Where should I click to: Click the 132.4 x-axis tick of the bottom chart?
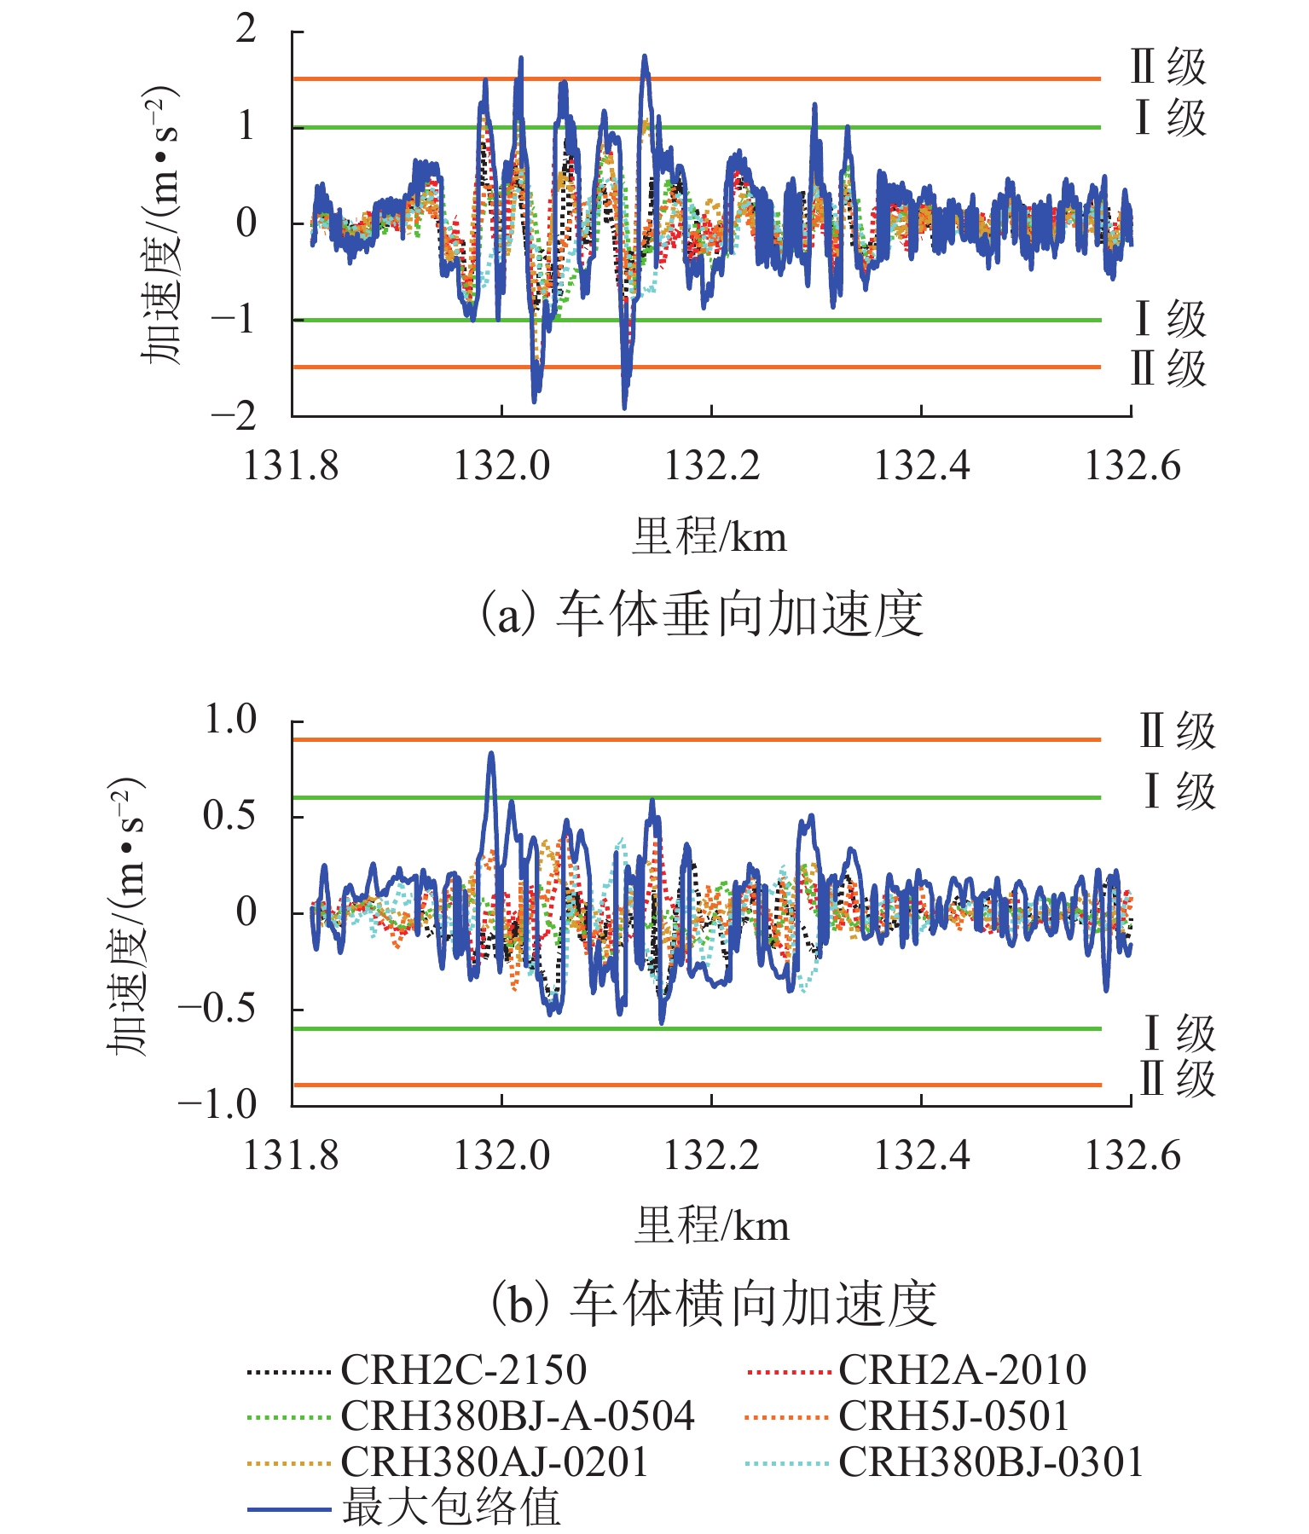tap(922, 1155)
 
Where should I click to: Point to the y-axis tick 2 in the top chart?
tap(246, 30)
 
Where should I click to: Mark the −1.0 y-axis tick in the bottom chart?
tap(217, 1104)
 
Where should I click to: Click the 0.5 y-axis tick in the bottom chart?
tap(229, 816)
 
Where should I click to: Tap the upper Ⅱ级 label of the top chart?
tap(1168, 67)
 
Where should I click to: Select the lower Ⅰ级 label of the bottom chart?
tap(1179, 1033)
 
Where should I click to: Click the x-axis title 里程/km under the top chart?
tap(710, 537)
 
